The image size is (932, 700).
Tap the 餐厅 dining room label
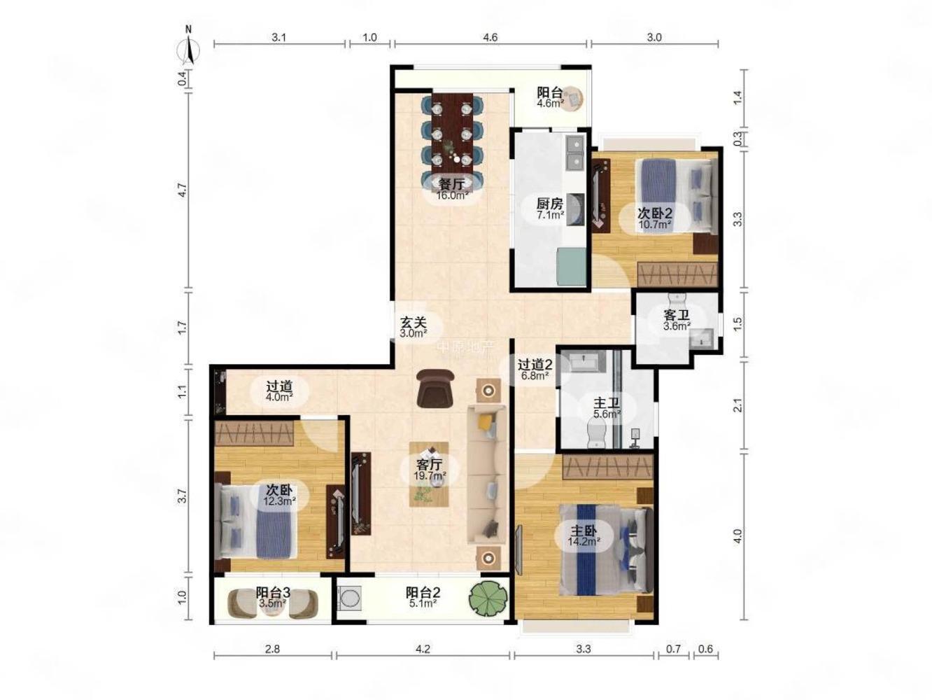[451, 184]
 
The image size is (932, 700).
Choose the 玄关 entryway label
[414, 323]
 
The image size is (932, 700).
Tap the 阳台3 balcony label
[272, 592]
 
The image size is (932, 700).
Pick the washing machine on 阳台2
[349, 598]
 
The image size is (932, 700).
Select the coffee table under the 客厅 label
[428, 474]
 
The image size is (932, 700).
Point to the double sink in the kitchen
[576, 152]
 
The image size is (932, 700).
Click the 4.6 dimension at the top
[490, 37]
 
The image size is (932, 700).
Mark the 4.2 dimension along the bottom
[423, 649]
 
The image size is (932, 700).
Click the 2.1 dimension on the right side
[738, 405]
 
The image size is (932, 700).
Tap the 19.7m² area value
[430, 475]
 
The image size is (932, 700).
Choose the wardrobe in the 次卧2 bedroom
[677, 274]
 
